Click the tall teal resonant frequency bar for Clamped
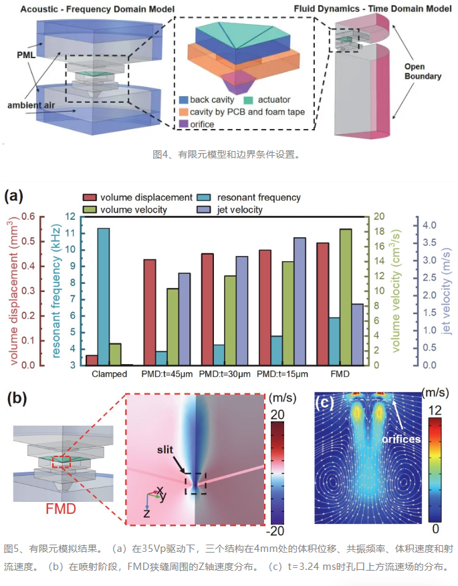104,297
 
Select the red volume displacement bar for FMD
323,304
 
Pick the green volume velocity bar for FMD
346,297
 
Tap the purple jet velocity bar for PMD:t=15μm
300,301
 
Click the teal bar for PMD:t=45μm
161,358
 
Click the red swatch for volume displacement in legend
90,197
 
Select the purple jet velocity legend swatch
204,210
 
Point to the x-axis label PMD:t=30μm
225,374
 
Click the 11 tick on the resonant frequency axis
70,233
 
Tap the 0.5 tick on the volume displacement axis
28,241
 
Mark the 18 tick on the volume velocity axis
380,231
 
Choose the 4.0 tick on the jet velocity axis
430,225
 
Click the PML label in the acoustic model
26,55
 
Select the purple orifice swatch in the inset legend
184,124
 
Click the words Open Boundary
423,71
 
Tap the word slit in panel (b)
165,449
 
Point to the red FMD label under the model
61,508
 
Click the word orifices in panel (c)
402,439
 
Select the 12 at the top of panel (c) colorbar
435,411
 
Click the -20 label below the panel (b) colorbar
275,531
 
